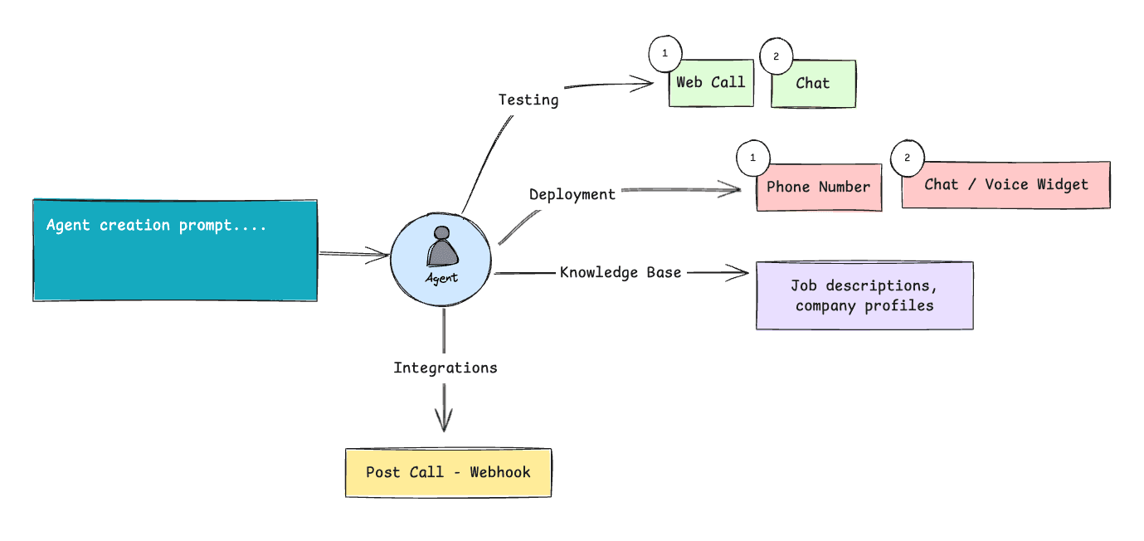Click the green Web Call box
(x=712, y=83)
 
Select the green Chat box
(x=813, y=84)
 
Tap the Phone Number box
(x=819, y=188)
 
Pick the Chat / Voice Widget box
(x=1005, y=185)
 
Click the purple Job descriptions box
(x=864, y=296)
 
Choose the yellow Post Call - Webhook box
(x=448, y=473)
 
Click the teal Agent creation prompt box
(x=175, y=250)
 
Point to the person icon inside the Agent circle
(x=441, y=248)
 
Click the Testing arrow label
(x=528, y=100)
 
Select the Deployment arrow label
(x=572, y=194)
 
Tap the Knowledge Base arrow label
(x=621, y=272)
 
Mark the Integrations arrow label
(x=445, y=368)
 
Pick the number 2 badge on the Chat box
(x=776, y=57)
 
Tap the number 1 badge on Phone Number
(x=753, y=158)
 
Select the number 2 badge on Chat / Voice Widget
(x=907, y=158)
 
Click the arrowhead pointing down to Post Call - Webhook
(x=444, y=423)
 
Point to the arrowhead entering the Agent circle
(x=382, y=255)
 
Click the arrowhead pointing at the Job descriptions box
(x=741, y=271)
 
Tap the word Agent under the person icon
(x=441, y=278)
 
